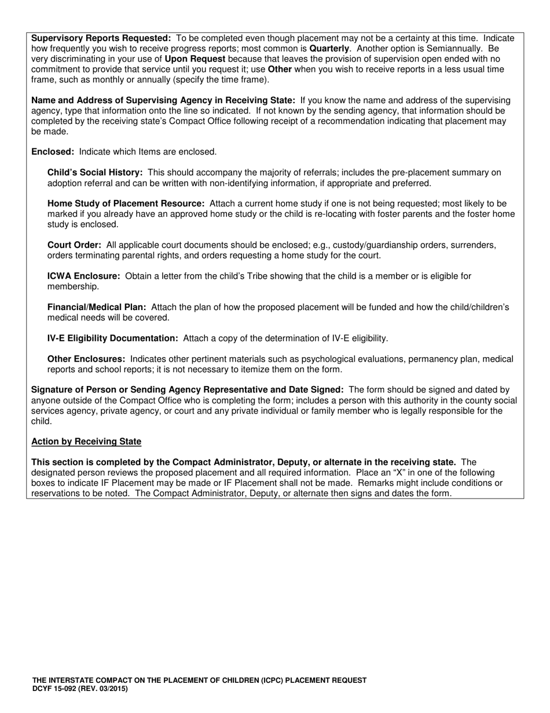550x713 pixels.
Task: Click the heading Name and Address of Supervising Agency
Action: pyautogui.click(x=163, y=100)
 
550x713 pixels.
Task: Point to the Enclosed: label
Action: pyautogui.click(x=53, y=152)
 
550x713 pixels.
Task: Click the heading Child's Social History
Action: pyautogui.click(x=95, y=173)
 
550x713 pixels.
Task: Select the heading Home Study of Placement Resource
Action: pyautogui.click(x=126, y=204)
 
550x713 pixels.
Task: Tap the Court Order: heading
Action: pyautogui.click(x=74, y=245)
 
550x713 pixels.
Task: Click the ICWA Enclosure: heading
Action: pyautogui.click(x=83, y=277)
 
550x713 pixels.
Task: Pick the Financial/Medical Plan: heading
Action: pyautogui.click(x=97, y=307)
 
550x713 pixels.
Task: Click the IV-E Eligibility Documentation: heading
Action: pyautogui.click(x=113, y=339)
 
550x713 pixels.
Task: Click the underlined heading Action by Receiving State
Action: pyautogui.click(x=86, y=442)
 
